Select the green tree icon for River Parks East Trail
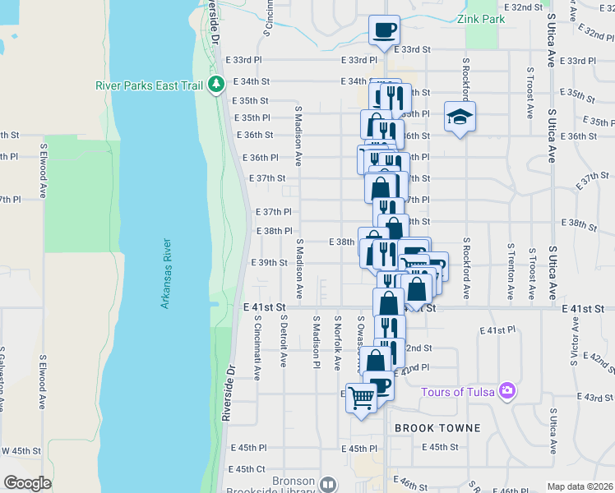(216, 84)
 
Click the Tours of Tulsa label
(458, 392)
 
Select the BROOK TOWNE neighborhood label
(437, 428)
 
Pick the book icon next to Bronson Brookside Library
(328, 485)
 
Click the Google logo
(27, 483)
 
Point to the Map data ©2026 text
(580, 486)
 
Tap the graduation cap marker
(460, 117)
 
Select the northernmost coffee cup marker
(384, 30)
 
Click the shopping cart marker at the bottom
(362, 399)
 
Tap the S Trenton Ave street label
(511, 270)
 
